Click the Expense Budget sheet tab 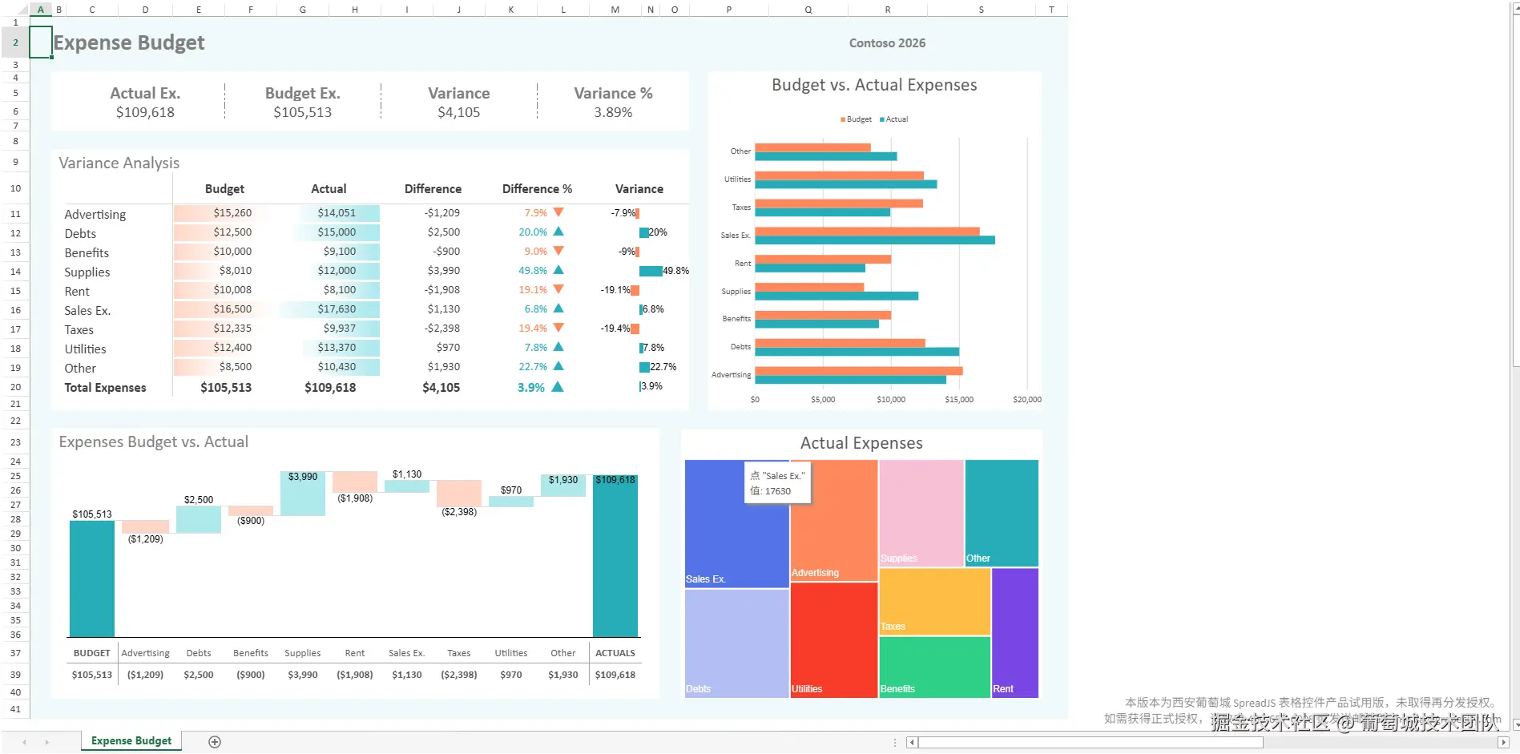[131, 740]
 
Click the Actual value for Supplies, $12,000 [337, 271]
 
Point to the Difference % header [537, 189]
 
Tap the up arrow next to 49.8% [558, 270]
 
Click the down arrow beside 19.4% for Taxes [558, 328]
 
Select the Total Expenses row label [105, 388]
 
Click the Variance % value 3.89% [613, 113]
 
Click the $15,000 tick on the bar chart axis [959, 399]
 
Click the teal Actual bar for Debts [857, 352]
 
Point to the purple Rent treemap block [1014, 633]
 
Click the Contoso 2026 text [887, 43]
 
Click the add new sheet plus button [215, 741]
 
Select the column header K [511, 10]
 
